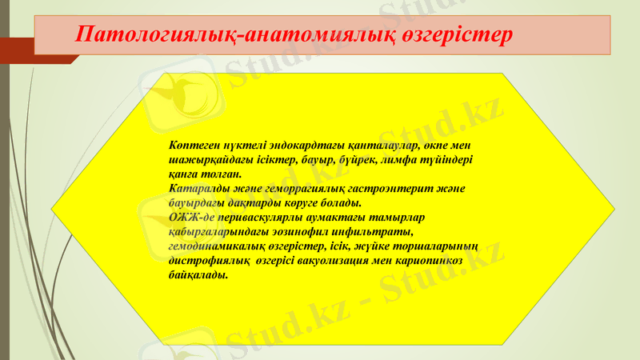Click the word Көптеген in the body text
click(193, 146)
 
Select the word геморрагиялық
click(300, 189)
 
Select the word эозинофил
click(297, 232)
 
